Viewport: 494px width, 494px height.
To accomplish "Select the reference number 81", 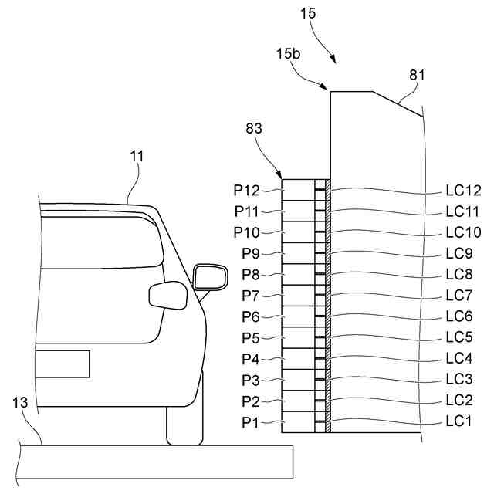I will tap(417, 76).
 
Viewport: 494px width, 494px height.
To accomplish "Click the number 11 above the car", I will tap(137, 156).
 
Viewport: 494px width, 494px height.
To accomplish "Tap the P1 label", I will tap(250, 422).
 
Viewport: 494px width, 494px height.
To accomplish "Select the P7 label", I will tap(250, 295).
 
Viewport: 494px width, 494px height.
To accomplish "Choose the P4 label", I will tap(250, 359).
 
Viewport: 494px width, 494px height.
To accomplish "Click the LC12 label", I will tap(463, 189).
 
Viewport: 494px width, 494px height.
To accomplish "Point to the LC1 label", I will tap(459, 422).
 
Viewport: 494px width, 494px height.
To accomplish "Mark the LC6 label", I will tap(459, 316).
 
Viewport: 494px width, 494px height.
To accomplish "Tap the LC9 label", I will tap(459, 253).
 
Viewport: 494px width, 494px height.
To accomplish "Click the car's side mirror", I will tap(209, 276).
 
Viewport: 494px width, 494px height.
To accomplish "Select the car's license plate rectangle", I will tap(63, 364).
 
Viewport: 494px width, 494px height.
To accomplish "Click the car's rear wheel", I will tap(184, 421).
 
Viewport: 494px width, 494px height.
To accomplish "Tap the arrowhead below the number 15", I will tap(334, 59).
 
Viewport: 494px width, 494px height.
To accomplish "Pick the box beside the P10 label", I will tap(297, 231).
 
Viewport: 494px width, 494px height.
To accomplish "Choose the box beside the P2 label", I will tap(297, 401).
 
